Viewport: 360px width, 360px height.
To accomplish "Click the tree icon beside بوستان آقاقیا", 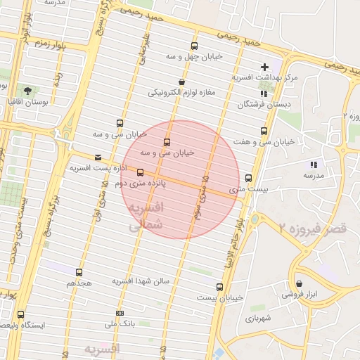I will point(27,91).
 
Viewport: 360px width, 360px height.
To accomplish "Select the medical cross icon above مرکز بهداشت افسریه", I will point(264,66).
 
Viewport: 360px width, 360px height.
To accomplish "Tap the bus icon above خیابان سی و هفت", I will point(264,131).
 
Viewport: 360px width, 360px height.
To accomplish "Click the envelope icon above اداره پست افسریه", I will point(97,157).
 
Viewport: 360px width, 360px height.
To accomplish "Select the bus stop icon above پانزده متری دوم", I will point(141,172).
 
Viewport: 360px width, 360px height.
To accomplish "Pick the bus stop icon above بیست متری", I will point(248,179).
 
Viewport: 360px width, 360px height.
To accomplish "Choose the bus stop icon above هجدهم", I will point(79,272).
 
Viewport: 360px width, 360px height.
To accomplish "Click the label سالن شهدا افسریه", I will point(141,281).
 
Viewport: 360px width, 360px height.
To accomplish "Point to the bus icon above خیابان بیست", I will point(219,286).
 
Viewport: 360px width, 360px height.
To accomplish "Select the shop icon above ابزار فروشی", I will point(299,283).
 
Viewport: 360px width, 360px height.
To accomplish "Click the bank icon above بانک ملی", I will point(120,313).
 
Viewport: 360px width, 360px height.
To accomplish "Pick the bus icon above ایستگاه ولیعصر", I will point(20,315).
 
